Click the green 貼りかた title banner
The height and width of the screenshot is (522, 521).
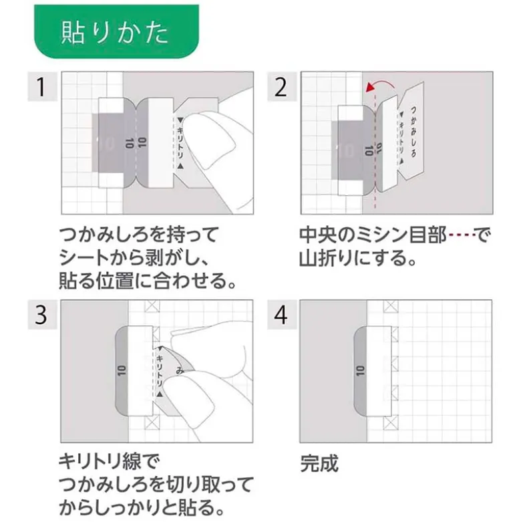tap(116, 31)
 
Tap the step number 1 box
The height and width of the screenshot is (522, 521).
tap(42, 86)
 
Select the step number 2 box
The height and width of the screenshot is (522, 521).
tap(282, 86)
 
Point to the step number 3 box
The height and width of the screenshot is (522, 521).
tap(42, 315)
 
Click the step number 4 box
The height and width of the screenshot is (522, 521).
tap(282, 315)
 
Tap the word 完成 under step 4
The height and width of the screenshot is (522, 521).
tap(319, 463)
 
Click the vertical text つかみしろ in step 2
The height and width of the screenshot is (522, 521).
tap(413, 131)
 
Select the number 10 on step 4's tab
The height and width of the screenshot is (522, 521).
tap(360, 371)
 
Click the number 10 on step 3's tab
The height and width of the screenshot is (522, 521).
tap(122, 371)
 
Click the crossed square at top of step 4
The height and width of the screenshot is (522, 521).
tap(391, 306)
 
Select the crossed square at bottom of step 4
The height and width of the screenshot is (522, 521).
tap(391, 423)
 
